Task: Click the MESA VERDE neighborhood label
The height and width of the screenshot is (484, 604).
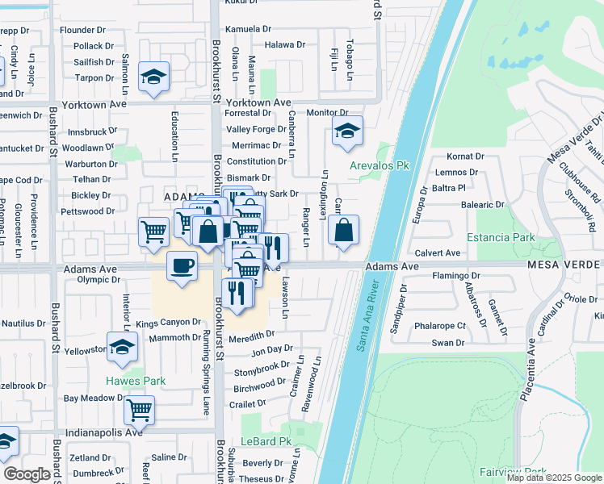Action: tap(565, 265)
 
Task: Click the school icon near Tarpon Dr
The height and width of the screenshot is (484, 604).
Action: tap(153, 77)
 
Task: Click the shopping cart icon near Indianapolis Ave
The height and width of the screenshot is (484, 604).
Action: tap(139, 409)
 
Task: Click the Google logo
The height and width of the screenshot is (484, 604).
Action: tap(27, 474)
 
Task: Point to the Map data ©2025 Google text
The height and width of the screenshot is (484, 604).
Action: tap(554, 478)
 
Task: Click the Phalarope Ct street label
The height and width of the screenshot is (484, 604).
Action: tap(439, 326)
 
